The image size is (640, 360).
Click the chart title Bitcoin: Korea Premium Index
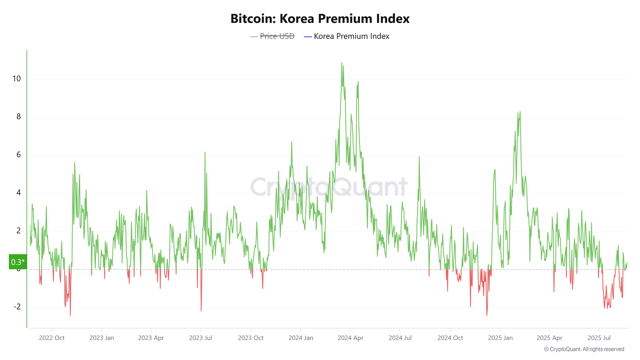point(320,19)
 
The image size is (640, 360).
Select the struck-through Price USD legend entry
point(277,36)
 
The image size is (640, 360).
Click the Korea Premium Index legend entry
point(351,36)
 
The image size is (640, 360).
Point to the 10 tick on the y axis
point(16,79)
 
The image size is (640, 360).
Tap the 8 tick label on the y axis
point(18,117)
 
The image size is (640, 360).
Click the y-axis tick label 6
point(18,155)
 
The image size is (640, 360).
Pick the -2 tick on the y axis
point(17,307)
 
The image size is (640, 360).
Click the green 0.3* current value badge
point(18,262)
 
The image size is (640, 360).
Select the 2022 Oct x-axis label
point(52,338)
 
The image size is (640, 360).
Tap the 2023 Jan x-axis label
point(102,338)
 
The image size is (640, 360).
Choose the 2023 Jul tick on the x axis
point(200,338)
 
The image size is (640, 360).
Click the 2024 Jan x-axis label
point(301,338)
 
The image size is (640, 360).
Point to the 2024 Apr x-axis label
point(350,338)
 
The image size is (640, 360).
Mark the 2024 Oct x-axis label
point(450,338)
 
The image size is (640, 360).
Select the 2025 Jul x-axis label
point(599,338)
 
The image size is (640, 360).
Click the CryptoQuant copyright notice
point(584,349)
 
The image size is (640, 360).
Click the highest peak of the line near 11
point(342,63)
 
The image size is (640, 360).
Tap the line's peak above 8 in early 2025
point(520,112)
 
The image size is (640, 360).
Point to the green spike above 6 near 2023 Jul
point(205,152)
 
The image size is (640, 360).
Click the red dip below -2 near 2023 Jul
point(201,310)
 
